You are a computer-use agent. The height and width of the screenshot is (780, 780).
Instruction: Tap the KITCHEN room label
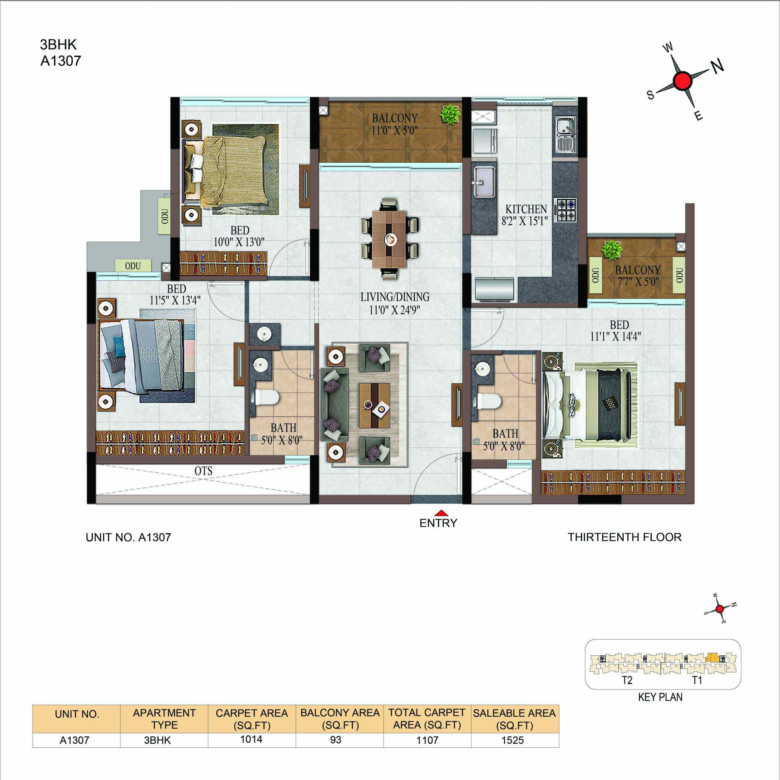[526, 209]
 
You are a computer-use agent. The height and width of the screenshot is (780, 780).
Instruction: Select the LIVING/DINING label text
[395, 297]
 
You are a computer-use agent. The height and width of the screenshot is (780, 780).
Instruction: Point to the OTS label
[204, 471]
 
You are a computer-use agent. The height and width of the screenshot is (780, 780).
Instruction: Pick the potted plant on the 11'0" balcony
[450, 114]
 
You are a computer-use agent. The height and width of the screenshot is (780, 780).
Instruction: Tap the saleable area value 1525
[513, 740]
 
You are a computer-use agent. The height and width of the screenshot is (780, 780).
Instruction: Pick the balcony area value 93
[335, 740]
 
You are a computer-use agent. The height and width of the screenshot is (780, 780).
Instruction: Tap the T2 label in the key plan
[627, 680]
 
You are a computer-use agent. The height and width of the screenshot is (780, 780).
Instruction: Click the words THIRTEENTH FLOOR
[625, 537]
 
